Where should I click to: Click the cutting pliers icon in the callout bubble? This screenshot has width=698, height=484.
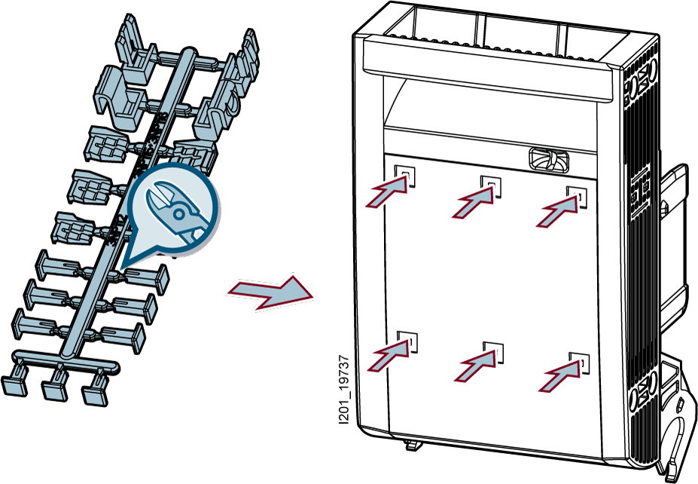[x=175, y=212]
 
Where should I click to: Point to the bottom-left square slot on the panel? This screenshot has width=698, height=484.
[x=407, y=342]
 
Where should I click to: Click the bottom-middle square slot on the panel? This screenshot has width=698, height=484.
[x=494, y=350]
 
